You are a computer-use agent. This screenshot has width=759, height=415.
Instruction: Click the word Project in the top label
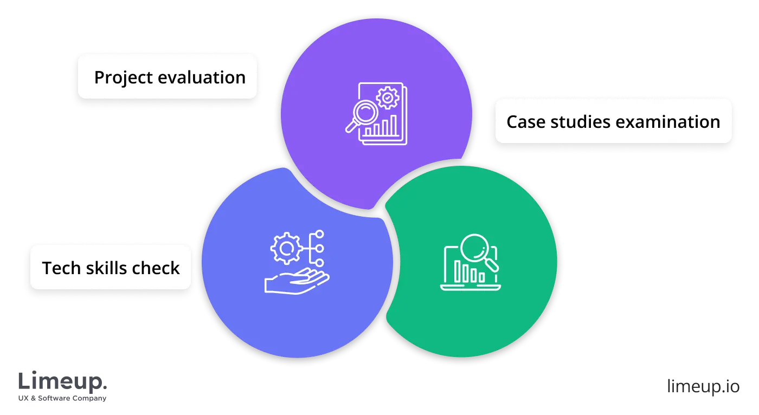pyautogui.click(x=123, y=77)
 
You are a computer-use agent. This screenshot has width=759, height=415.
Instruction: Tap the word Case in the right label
pyautogui.click(x=525, y=122)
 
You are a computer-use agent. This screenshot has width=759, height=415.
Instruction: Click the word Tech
pyautogui.click(x=62, y=268)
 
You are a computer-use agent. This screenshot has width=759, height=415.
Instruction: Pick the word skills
pyautogui.click(x=112, y=268)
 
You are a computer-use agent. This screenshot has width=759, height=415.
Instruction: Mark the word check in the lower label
pyautogui.click(x=159, y=268)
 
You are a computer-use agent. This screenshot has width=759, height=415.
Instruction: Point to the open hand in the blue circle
pyautogui.click(x=295, y=281)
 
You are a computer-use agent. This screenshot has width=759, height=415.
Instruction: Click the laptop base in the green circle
pyautogui.click(x=470, y=287)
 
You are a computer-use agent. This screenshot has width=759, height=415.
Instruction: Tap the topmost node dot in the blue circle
pyautogui.click(x=319, y=235)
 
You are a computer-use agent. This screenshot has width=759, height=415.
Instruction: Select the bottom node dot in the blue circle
pyautogui.click(x=319, y=263)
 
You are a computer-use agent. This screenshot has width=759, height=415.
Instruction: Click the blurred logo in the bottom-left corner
pyautogui.click(x=62, y=385)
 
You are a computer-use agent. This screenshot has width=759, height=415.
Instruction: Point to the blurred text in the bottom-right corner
pyautogui.click(x=704, y=387)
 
